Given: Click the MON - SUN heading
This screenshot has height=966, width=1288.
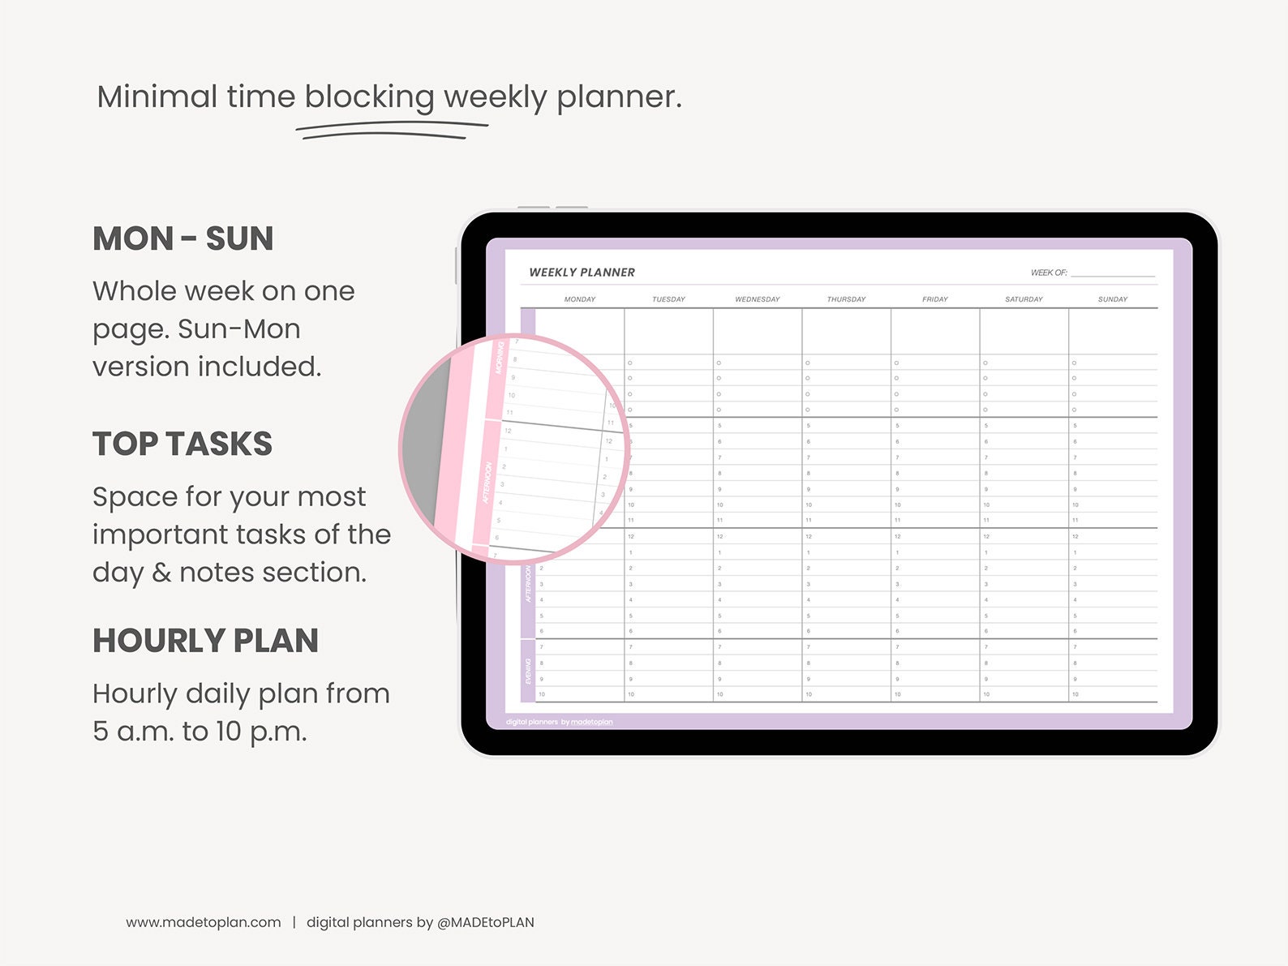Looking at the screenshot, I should pos(182,238).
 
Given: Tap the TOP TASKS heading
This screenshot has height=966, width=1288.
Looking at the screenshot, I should pos(182,444).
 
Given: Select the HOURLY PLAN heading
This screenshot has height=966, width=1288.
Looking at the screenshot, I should pos(205,641).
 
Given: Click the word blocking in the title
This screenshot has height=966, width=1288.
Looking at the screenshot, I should pos(369,97).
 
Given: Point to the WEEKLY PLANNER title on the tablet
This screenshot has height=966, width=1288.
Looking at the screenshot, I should pos(582,273).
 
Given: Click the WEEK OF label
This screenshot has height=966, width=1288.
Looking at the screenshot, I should pos(1049,273).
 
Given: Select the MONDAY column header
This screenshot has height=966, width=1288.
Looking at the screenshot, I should pos(580,299).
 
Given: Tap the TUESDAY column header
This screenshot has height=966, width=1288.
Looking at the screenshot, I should pos(668,299).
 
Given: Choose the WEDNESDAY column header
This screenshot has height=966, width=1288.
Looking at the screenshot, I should pos(758,299).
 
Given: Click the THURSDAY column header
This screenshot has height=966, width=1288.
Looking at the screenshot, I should pos(846,299).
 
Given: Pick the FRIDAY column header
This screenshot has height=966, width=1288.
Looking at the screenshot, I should pos(934,299).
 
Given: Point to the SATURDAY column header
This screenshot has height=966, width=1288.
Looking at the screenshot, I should pos(1024,299).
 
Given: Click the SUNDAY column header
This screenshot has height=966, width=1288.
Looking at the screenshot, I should pos(1112,299).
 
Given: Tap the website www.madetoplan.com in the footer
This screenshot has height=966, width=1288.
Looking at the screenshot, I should pos(204,922).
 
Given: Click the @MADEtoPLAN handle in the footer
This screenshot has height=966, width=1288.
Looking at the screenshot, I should pos(485,922).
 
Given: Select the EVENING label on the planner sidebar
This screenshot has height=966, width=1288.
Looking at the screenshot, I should pos(528,671).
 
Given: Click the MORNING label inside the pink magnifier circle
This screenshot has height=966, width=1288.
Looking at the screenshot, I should pos(500,358).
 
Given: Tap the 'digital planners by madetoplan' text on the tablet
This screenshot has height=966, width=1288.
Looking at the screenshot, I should pos(559,722).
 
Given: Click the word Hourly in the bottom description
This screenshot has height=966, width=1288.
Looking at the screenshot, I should pos(135,694).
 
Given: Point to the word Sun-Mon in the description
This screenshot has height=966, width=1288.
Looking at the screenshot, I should pos(238,329).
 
